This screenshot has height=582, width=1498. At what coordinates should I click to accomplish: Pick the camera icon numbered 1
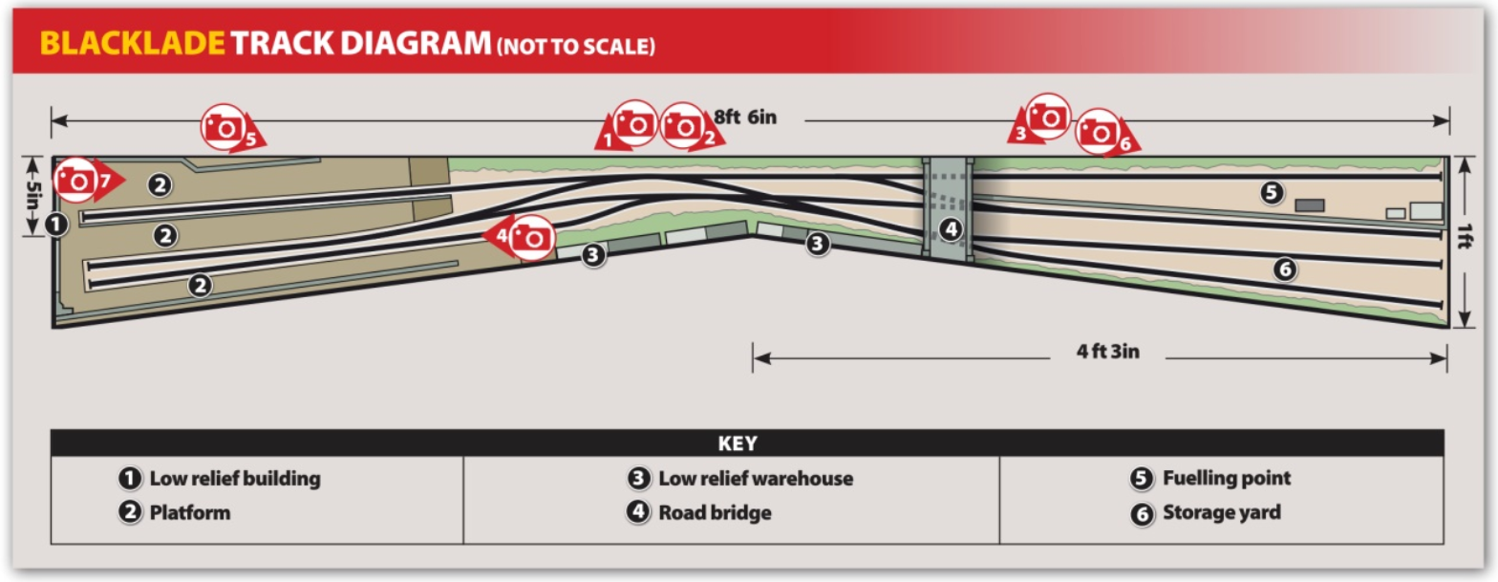(633, 121)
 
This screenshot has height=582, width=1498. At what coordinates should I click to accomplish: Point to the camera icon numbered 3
(1048, 116)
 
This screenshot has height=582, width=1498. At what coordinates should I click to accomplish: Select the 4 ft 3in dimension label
(1108, 352)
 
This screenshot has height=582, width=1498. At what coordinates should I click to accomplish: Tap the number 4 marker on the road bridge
(948, 228)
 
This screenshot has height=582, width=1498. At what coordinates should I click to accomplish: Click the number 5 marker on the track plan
(1271, 192)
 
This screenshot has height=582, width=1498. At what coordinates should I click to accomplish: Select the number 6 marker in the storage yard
(1284, 269)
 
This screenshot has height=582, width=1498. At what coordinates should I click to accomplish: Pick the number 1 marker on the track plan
(55, 226)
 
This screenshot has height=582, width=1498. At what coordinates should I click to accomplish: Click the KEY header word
(737, 443)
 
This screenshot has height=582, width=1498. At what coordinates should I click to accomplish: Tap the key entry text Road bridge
(715, 513)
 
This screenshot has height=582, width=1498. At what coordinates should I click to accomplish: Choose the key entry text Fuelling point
(1226, 477)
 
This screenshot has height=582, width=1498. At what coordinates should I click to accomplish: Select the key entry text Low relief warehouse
(755, 477)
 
